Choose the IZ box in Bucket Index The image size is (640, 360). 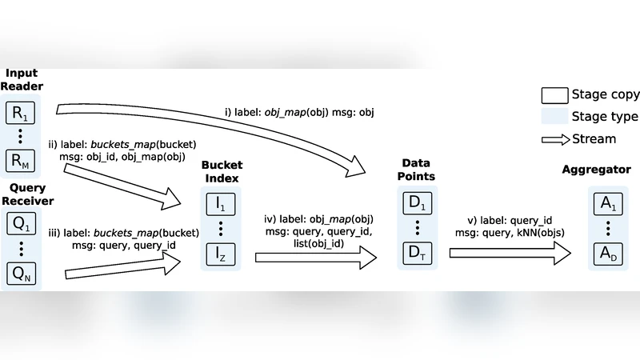pos(221,255)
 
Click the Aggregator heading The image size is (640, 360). pos(596,170)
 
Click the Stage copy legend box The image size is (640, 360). pos(554,94)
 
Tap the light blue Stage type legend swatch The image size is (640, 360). pos(554,117)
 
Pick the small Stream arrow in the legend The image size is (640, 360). pos(554,139)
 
